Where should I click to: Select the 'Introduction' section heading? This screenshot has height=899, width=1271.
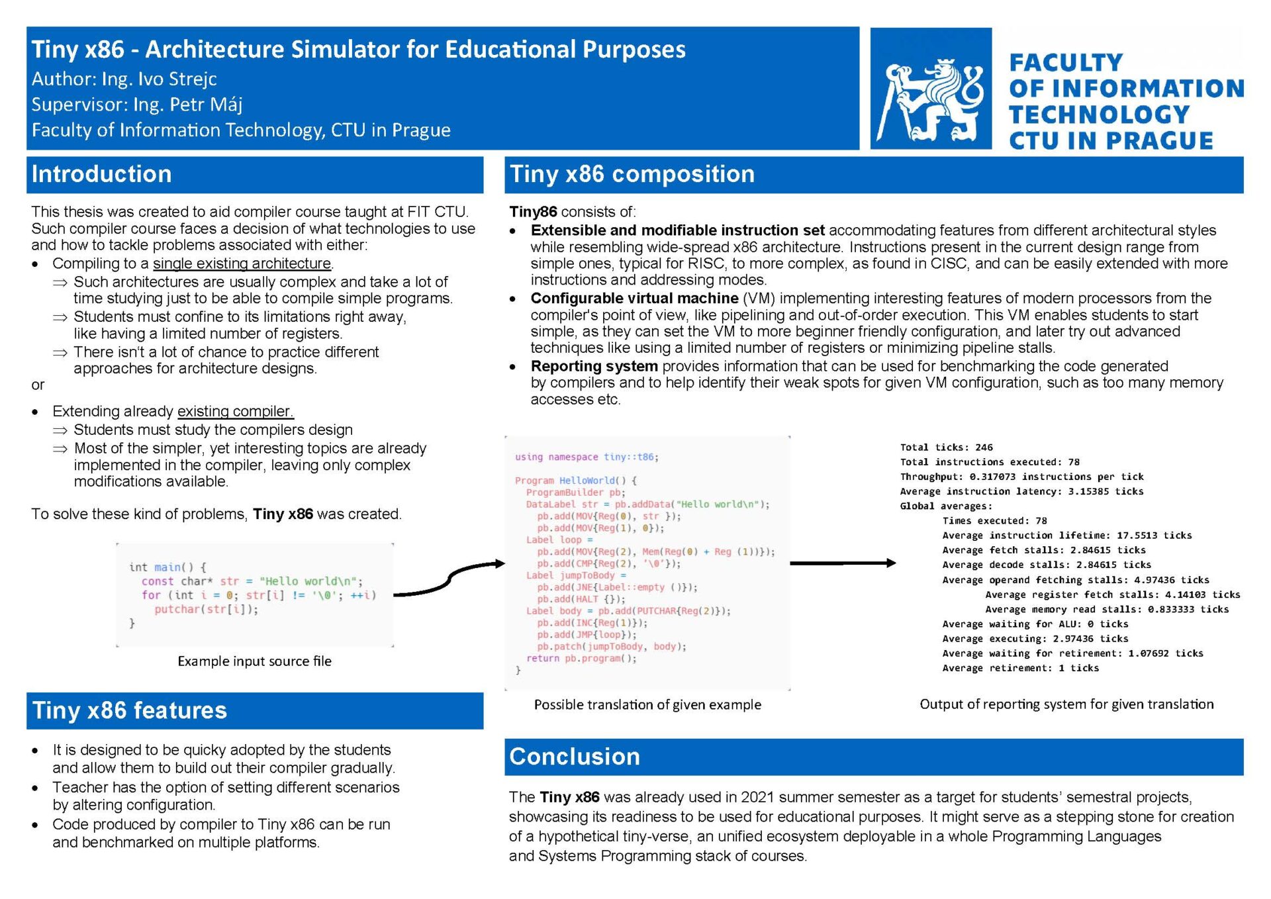[x=101, y=174]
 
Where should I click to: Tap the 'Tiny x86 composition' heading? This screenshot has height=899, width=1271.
[x=632, y=174]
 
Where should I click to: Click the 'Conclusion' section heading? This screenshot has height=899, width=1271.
[x=574, y=757]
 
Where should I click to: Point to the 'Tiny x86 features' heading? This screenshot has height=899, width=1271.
[x=129, y=710]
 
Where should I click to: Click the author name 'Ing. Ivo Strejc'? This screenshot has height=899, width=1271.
[x=159, y=79]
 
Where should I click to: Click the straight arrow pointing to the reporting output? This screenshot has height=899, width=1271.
[x=843, y=563]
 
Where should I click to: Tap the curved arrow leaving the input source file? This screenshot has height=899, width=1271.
[x=449, y=578]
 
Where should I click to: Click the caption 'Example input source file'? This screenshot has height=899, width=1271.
[x=254, y=661]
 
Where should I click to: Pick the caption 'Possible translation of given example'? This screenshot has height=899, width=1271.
[x=647, y=705]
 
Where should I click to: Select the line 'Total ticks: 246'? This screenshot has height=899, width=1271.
[x=946, y=448]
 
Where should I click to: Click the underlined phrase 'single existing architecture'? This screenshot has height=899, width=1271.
[x=242, y=263]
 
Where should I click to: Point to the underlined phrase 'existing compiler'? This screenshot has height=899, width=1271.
[x=235, y=411]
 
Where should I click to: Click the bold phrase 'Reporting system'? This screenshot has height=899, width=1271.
[x=594, y=366]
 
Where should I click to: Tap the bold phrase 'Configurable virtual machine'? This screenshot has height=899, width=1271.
[x=634, y=299]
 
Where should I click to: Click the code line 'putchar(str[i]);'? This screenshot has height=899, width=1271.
[x=206, y=609]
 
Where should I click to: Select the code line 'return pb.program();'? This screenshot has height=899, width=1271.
[x=581, y=659]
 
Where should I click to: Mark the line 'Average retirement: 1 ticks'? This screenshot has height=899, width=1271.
[x=1020, y=668]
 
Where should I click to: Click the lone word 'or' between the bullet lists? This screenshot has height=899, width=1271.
[x=38, y=385]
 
